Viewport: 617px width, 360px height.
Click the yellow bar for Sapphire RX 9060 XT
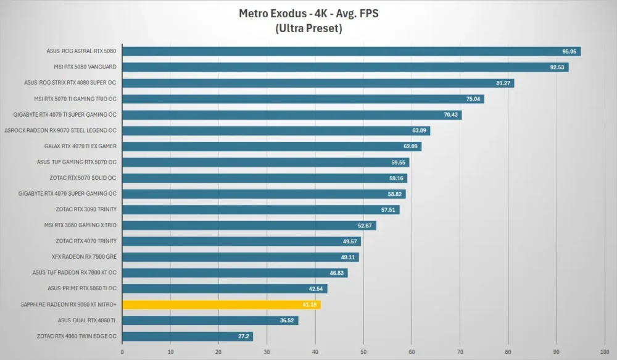coord(222,304)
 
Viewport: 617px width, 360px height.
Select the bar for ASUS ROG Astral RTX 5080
coord(352,51)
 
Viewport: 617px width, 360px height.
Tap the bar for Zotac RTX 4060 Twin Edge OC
coord(188,337)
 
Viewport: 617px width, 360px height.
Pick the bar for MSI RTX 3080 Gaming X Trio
coord(249,225)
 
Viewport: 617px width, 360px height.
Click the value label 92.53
coord(557,67)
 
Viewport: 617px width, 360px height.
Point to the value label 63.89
coord(419,130)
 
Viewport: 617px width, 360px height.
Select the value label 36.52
coord(286,320)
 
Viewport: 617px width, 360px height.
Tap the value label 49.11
coord(348,257)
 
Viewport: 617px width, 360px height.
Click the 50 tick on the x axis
coord(363,352)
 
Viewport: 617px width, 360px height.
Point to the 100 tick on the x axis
coord(605,352)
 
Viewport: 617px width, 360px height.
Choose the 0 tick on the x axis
coord(122,352)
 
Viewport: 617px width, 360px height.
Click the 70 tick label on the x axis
coord(460,352)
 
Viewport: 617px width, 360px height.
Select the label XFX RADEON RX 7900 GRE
coord(84,257)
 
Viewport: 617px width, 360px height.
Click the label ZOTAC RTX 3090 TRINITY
coord(86,209)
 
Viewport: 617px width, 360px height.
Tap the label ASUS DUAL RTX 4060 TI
coord(86,320)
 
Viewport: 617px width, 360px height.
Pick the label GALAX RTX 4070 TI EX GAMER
coord(80,146)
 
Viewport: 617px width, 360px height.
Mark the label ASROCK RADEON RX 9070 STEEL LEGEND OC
coord(60,130)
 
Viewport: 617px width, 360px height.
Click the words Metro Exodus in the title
coord(273,14)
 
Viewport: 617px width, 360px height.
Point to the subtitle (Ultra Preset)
coord(309,28)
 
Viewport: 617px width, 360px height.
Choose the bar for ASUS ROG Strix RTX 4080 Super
coord(318,83)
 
